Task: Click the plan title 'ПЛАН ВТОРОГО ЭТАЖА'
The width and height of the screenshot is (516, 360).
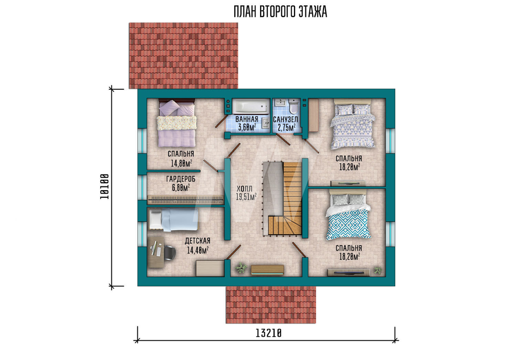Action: coord(280,12)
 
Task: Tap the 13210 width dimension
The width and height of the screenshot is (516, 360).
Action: coord(268,333)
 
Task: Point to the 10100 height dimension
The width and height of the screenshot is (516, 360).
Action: coord(104,186)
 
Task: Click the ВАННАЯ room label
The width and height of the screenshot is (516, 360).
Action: coord(247,119)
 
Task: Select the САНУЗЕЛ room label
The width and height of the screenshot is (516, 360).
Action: coord(286,119)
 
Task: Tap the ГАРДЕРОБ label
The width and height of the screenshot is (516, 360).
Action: coord(181,179)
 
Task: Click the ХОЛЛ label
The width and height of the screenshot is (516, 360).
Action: coord(245,189)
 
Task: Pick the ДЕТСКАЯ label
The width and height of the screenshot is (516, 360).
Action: coord(198,241)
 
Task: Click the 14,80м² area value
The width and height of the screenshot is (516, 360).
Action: coord(181,163)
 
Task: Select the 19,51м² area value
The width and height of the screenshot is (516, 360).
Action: coord(246,197)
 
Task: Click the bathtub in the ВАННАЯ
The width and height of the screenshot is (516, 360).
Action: coord(250,106)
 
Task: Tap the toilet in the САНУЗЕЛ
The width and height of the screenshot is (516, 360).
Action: coord(294,106)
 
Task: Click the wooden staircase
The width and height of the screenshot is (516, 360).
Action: coord(285,199)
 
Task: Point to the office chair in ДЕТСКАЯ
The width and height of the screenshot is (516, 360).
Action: coord(169,252)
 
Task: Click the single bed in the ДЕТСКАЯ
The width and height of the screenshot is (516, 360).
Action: coord(173,220)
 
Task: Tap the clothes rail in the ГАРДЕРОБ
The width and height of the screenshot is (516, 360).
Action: coord(186,200)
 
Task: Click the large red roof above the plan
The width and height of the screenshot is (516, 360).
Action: coord(183,56)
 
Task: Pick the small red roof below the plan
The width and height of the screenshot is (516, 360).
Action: coord(270,305)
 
